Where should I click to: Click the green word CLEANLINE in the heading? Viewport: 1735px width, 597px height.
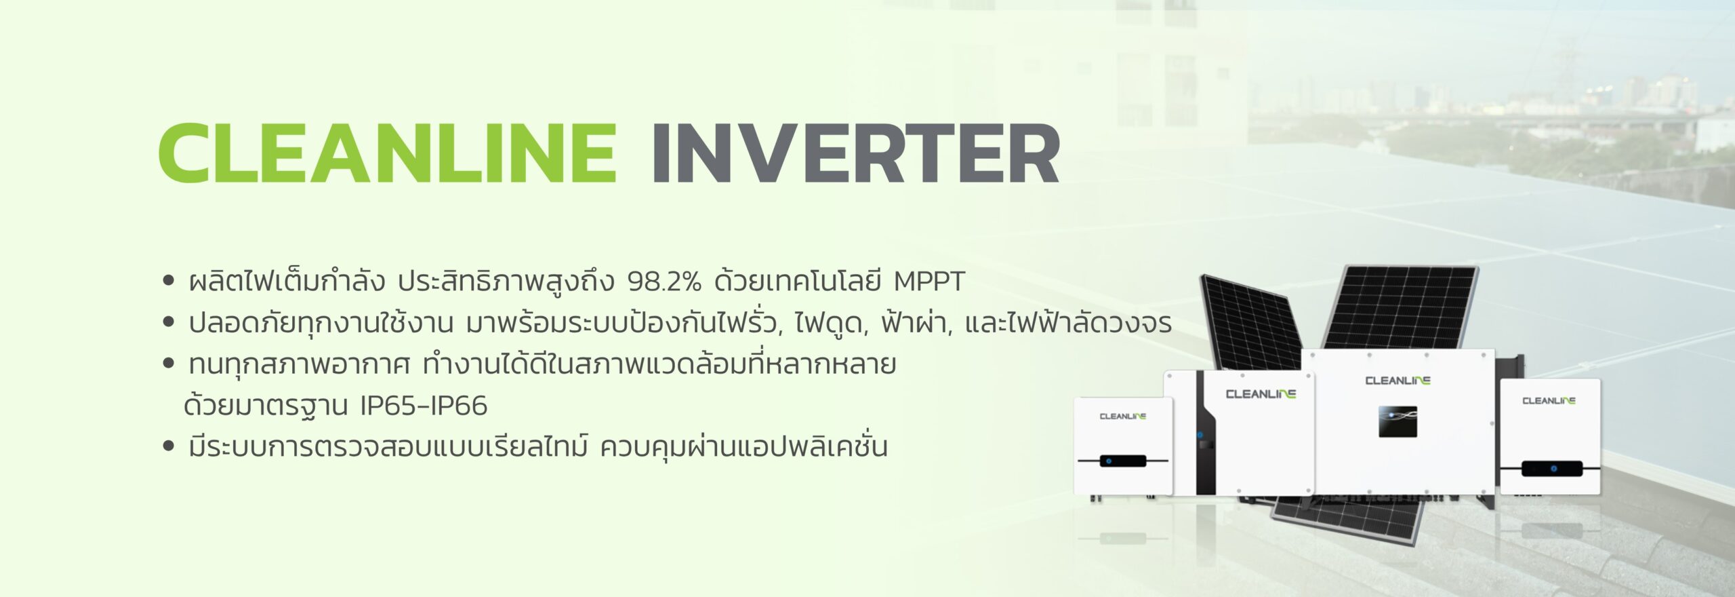[388, 153]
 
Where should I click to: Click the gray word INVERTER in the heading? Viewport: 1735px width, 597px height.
[856, 153]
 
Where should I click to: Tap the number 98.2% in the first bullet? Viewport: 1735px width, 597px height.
[664, 282]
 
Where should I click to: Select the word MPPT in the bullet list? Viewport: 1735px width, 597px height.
[929, 282]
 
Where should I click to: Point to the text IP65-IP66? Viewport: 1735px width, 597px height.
[424, 406]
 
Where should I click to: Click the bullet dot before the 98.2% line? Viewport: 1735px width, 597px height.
[169, 281]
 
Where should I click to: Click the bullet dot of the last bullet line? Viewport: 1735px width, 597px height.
[169, 446]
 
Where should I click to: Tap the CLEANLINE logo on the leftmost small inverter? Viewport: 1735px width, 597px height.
[1122, 417]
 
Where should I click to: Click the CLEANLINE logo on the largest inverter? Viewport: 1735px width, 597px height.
[1397, 381]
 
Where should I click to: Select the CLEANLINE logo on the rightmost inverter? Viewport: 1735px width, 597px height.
[1549, 401]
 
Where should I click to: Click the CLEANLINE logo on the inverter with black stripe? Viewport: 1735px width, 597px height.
[1261, 394]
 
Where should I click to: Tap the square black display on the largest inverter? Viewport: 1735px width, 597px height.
[1397, 421]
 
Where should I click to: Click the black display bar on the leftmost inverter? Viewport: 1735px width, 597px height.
[1123, 461]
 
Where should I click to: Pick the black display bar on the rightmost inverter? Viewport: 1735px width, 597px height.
[1552, 468]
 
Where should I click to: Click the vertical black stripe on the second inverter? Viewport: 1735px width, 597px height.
[1206, 432]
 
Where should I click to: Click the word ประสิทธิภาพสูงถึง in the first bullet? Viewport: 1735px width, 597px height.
[506, 282]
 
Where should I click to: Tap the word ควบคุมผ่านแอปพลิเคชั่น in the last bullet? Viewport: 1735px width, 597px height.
[743, 446]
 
